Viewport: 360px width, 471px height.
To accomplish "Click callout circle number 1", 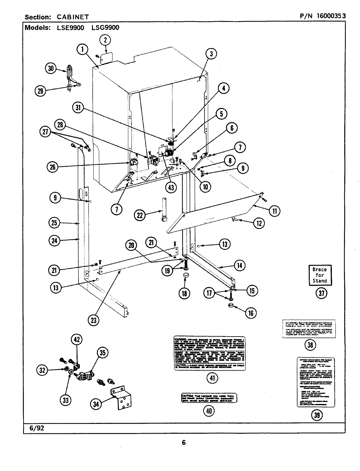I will [83, 50].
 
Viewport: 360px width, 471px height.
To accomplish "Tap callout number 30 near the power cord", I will [50, 68].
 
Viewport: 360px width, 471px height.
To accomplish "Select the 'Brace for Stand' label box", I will [319, 275].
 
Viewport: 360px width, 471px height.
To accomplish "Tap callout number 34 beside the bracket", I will [95, 404].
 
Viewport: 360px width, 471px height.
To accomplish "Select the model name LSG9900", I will [105, 28].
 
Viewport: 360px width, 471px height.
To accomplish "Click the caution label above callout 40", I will [209, 398].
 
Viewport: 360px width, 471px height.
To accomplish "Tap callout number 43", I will [171, 187].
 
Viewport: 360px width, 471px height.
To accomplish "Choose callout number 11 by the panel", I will [274, 211].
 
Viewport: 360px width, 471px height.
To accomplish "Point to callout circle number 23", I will [94, 320].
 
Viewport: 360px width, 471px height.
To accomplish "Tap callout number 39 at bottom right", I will [317, 415].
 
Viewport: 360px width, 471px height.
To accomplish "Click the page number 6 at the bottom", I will [184, 443].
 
